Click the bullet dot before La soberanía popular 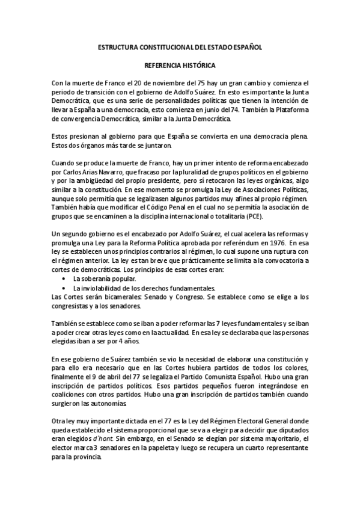[64, 280]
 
